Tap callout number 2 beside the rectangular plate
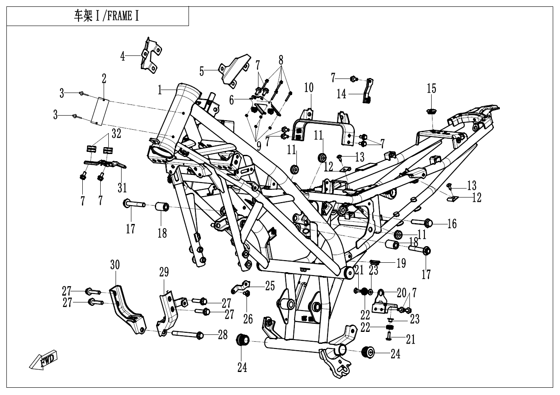(x=104, y=78)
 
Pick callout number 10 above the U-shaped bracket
(x=308, y=88)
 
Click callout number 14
(x=342, y=94)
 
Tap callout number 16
(x=452, y=223)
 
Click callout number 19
(x=401, y=264)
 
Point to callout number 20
(x=401, y=293)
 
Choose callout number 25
(x=270, y=285)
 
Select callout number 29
(x=164, y=272)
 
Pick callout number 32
(x=116, y=134)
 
